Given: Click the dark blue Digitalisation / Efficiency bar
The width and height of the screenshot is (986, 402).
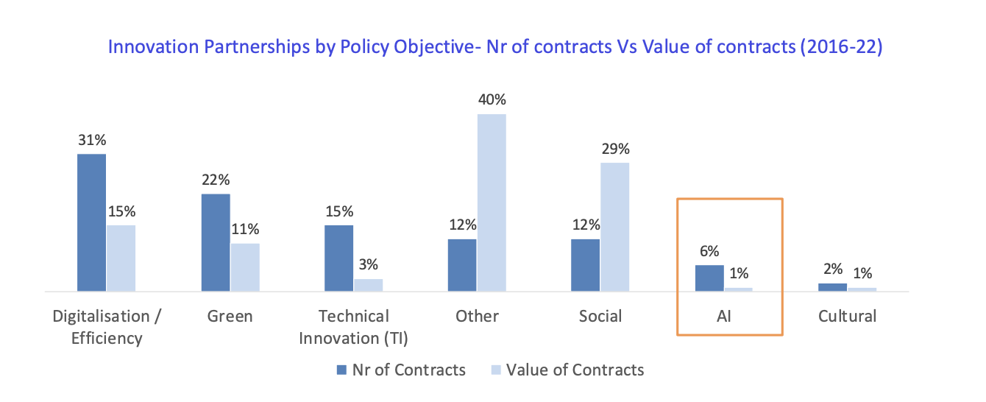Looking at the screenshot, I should click(92, 222).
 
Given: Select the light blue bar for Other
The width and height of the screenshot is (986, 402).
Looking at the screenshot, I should click(492, 202).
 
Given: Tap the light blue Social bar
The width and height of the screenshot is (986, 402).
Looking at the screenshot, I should click(615, 227).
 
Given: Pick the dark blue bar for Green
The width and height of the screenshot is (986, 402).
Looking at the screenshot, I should click(216, 242).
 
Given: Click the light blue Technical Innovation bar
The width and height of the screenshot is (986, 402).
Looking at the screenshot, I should click(368, 285).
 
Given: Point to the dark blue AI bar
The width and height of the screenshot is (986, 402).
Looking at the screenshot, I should click(709, 278).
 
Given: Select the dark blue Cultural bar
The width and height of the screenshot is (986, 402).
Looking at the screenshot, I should click(832, 287).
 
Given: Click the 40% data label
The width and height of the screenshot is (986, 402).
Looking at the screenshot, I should click(492, 99).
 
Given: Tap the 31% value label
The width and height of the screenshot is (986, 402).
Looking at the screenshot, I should click(92, 140).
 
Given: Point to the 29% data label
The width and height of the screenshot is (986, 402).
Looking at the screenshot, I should click(615, 149).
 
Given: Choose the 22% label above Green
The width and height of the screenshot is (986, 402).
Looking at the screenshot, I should click(216, 180).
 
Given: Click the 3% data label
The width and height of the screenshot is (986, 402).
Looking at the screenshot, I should click(368, 265).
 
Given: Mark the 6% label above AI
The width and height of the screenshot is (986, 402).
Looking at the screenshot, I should click(709, 251).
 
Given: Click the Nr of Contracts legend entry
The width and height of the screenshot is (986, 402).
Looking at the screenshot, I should click(401, 370).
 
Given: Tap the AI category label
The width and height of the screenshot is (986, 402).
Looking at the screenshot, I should click(728, 317).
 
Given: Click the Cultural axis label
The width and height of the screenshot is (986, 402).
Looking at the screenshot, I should click(847, 317).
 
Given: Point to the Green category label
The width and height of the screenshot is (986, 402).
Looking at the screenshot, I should click(230, 317).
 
